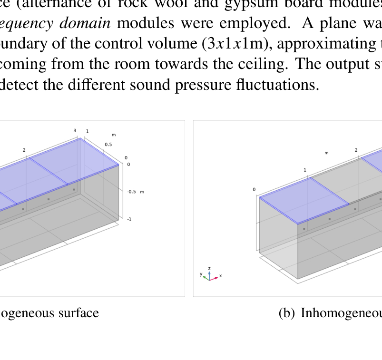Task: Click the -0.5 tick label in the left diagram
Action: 131,192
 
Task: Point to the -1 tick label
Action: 129,219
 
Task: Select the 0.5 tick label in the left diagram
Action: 108,145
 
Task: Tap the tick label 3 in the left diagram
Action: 75,131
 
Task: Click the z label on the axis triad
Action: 209,269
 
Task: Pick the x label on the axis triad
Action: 220,276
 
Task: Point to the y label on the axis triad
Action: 201,274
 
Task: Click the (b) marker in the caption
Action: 287,313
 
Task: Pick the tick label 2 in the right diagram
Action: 356,150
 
